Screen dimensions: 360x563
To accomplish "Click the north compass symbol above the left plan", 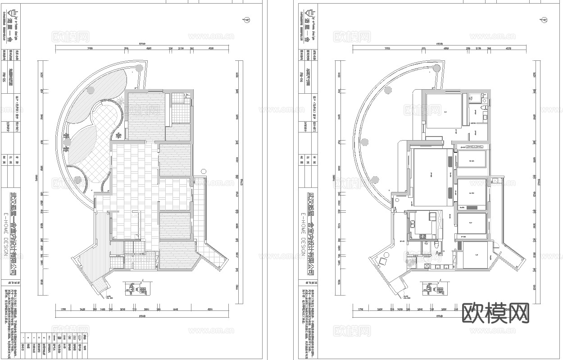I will click(247, 20).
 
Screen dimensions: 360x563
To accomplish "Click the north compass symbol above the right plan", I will click(544, 20).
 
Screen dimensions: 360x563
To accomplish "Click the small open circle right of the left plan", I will click(203, 171).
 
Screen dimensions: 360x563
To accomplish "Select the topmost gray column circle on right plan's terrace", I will click(436, 68).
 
